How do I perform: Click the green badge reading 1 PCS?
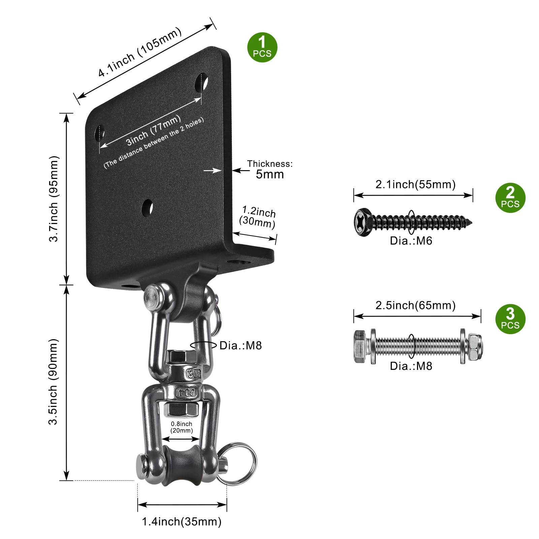(x=262, y=47)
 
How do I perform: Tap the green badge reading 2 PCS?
(x=510, y=198)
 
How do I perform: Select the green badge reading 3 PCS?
(x=510, y=319)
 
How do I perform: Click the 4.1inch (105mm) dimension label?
(x=140, y=52)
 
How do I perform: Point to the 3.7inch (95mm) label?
(x=54, y=199)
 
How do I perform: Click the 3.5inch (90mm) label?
(x=54, y=382)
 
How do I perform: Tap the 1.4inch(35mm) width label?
(x=182, y=521)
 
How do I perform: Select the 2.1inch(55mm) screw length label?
(x=415, y=184)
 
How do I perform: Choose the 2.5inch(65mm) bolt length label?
(x=415, y=305)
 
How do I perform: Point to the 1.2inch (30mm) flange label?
(x=258, y=217)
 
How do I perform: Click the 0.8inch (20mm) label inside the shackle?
(x=182, y=427)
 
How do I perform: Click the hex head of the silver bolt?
(x=361, y=346)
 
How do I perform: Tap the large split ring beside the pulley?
(x=237, y=464)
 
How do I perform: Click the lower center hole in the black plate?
(x=147, y=208)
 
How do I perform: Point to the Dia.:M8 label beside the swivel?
(x=241, y=346)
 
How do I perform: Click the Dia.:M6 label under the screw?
(x=411, y=241)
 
